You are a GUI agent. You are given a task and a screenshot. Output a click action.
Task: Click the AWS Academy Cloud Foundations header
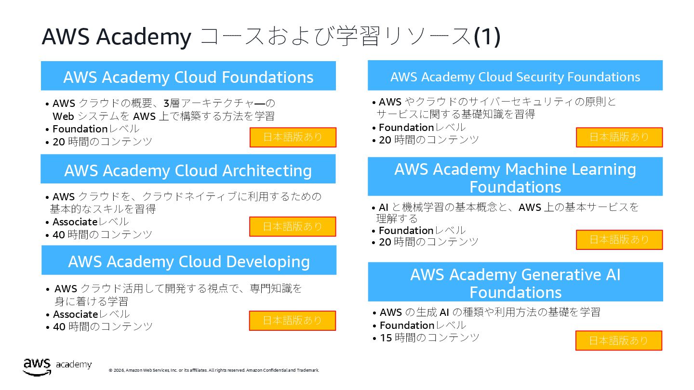(x=188, y=77)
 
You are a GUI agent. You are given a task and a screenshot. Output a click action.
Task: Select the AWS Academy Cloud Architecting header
(x=188, y=170)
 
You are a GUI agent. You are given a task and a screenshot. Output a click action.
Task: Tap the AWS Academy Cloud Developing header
(x=189, y=261)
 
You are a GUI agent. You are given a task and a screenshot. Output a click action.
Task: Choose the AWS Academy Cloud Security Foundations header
(x=515, y=77)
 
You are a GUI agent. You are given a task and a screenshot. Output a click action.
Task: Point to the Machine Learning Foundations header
(x=515, y=177)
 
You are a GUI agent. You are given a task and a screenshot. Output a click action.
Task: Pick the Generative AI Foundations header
(x=515, y=283)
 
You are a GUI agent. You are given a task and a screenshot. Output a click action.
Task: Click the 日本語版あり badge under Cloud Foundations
(x=293, y=137)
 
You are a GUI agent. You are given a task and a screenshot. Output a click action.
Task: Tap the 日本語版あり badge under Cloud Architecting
(x=293, y=226)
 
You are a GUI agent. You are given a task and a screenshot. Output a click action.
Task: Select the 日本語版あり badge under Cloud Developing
(x=293, y=321)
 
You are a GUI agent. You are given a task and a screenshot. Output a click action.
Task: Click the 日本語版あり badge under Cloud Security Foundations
(x=619, y=137)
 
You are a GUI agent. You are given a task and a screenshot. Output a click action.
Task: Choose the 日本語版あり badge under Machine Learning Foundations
(x=619, y=240)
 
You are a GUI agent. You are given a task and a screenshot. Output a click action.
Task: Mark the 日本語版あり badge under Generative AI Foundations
(x=619, y=340)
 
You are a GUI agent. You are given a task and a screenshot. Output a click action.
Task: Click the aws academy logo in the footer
(x=57, y=366)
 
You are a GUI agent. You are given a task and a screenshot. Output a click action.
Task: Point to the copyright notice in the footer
(x=214, y=370)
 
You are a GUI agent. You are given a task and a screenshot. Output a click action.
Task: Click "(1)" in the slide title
(x=487, y=37)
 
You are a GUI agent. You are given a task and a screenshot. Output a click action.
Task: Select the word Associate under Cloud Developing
(x=75, y=314)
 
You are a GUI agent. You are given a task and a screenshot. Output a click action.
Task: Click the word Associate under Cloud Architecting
(x=75, y=222)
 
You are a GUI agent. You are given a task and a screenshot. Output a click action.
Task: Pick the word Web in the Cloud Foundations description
(x=63, y=117)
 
